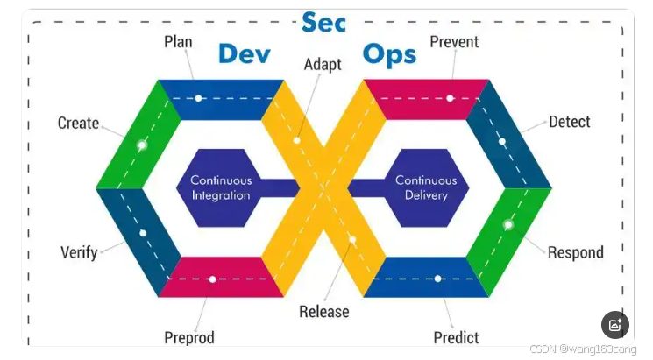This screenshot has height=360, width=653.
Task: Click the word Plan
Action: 178,41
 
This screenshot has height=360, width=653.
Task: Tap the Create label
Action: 78,123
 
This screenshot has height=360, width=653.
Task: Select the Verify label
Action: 78,252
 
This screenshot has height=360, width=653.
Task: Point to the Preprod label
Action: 188,337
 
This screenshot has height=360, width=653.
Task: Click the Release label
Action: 323,311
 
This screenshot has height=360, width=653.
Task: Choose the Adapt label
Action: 323,64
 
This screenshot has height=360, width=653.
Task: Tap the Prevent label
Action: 454,41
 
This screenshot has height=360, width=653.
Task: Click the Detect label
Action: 569,122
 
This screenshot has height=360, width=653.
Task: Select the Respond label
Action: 575,252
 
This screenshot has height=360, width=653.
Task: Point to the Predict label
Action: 456,337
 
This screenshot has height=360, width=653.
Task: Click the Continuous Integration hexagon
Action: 221,187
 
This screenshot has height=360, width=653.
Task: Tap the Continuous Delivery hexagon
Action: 426,187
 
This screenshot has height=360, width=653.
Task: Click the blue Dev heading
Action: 244,53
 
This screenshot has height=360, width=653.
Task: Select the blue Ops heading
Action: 389,53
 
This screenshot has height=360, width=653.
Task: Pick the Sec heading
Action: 323,21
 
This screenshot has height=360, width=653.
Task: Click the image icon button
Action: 615,325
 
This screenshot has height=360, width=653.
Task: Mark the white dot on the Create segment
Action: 141,145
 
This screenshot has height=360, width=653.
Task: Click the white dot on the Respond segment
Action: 507,225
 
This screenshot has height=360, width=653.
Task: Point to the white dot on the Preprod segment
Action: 212,279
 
